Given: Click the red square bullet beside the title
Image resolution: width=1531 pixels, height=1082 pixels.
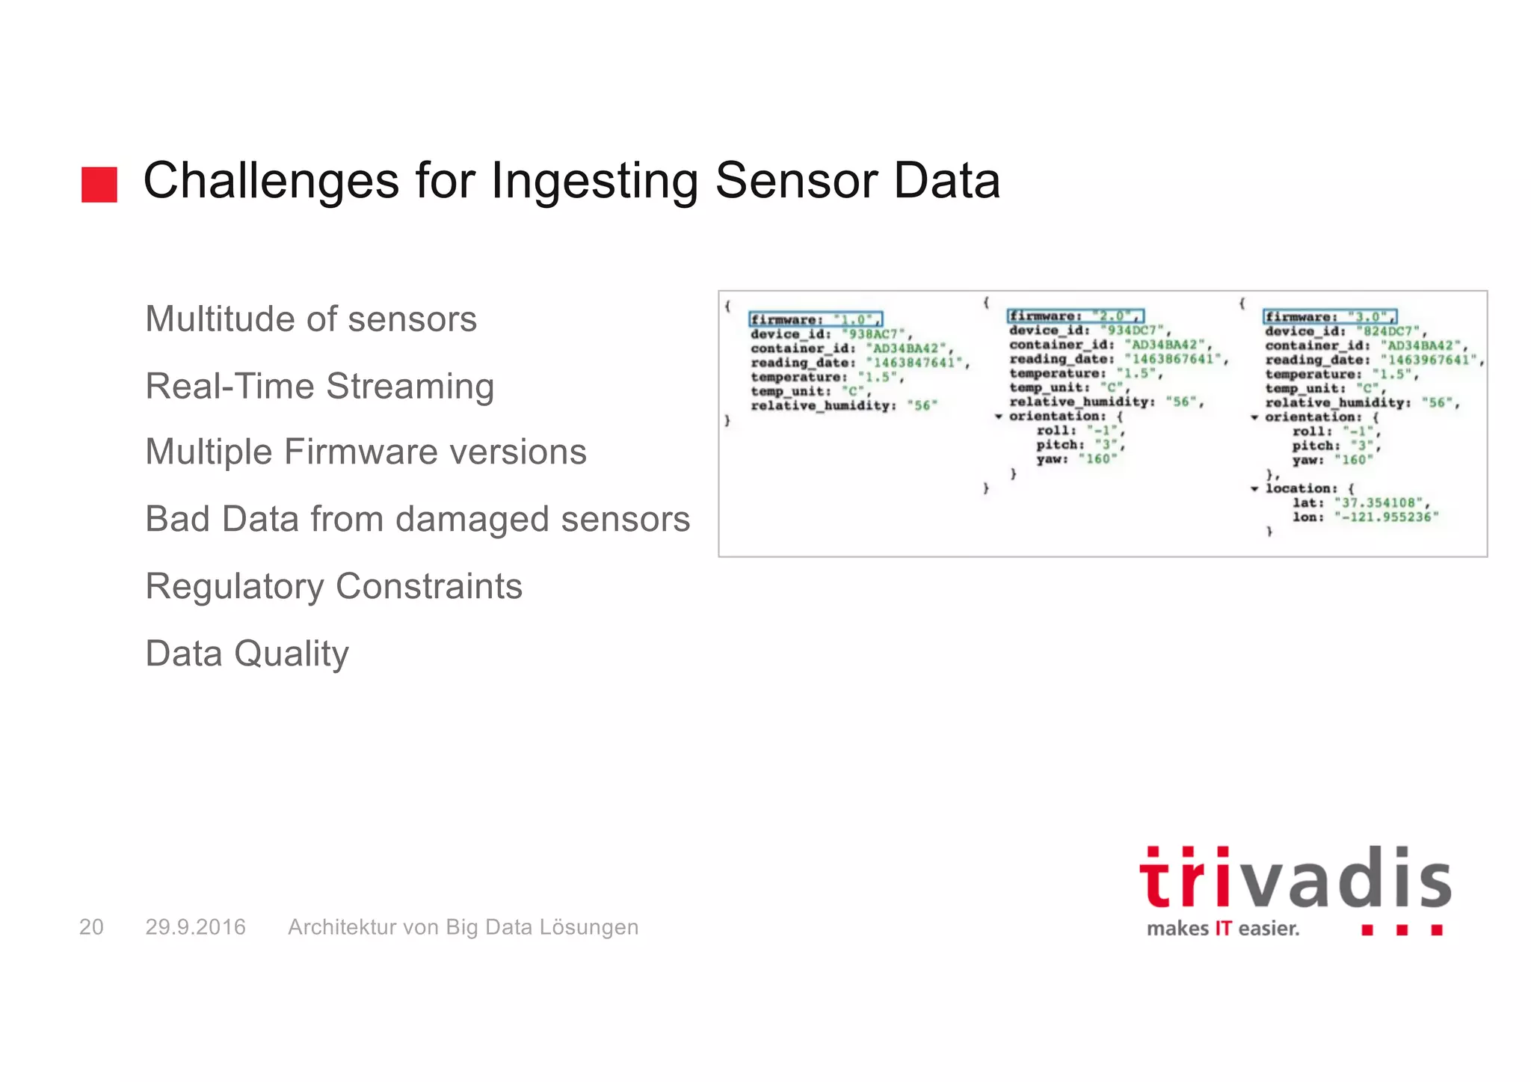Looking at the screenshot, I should [99, 184].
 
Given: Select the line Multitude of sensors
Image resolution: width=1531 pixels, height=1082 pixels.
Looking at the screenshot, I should [311, 319].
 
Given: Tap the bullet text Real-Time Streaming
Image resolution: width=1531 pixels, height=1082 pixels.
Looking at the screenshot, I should [320, 387].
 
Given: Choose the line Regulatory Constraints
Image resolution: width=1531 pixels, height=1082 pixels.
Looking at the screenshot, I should [333, 586].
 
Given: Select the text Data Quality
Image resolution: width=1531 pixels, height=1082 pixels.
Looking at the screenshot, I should [247, 654].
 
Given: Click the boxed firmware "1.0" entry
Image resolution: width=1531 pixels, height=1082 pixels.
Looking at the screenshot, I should [816, 319].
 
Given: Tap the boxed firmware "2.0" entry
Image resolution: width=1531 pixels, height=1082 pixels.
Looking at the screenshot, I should [1075, 316].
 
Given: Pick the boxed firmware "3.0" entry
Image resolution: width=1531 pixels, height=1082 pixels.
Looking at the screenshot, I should [1330, 317].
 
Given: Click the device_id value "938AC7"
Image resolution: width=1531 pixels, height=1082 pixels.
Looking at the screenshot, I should [873, 334].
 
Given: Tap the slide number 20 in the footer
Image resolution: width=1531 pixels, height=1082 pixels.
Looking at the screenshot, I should [91, 927].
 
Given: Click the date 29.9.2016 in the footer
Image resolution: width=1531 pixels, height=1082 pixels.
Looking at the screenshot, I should [195, 927].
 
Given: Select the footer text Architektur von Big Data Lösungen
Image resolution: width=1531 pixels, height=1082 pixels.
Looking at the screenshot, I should [463, 927].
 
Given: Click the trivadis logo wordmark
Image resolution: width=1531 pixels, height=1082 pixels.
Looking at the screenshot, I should [1295, 879].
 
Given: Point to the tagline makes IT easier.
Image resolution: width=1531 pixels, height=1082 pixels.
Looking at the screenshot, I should [1223, 929].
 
